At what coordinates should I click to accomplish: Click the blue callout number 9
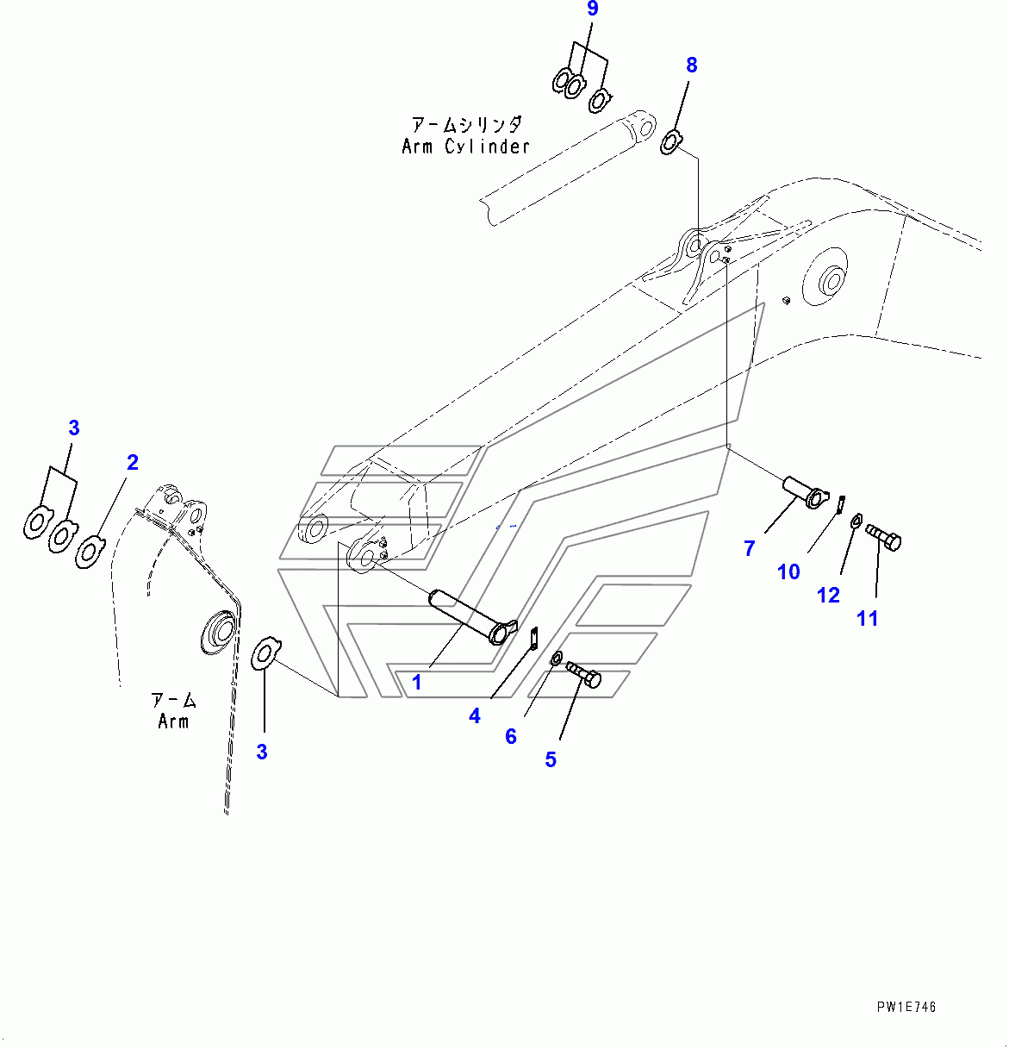[592, 9]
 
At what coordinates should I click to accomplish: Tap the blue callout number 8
[692, 66]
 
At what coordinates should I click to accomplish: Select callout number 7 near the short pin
[749, 549]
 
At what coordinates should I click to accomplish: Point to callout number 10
[788, 572]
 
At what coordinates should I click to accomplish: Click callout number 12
[828, 596]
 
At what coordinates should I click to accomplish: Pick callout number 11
[867, 619]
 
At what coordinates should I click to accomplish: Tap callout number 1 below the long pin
[417, 683]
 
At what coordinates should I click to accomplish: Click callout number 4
[474, 716]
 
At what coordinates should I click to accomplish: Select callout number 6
[511, 736]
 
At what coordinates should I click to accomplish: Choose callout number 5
[551, 759]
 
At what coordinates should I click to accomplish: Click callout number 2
[133, 463]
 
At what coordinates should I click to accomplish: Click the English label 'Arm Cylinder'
[465, 147]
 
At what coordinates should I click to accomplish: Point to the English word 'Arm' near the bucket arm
[173, 721]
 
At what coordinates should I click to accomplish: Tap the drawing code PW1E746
[906, 1007]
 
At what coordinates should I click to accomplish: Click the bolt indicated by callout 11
[883, 538]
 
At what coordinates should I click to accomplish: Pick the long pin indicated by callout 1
[473, 617]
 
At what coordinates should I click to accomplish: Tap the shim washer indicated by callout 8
[670, 142]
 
